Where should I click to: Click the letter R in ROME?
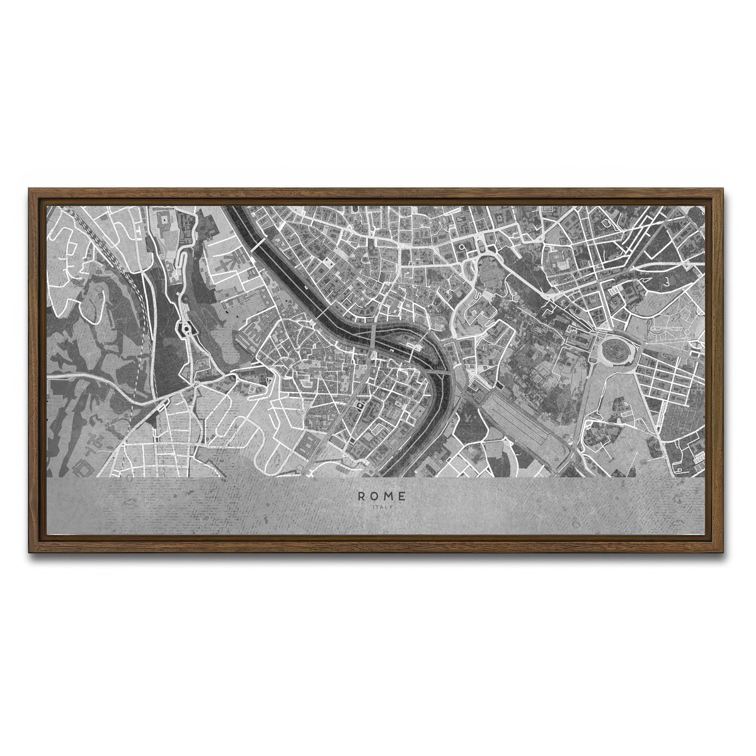pos(361,496)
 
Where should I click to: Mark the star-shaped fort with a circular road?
pos(186,328)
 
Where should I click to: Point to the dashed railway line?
pos(137,353)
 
